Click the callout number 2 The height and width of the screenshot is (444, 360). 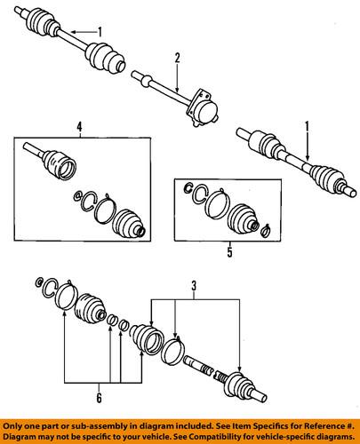coord(178,59)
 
